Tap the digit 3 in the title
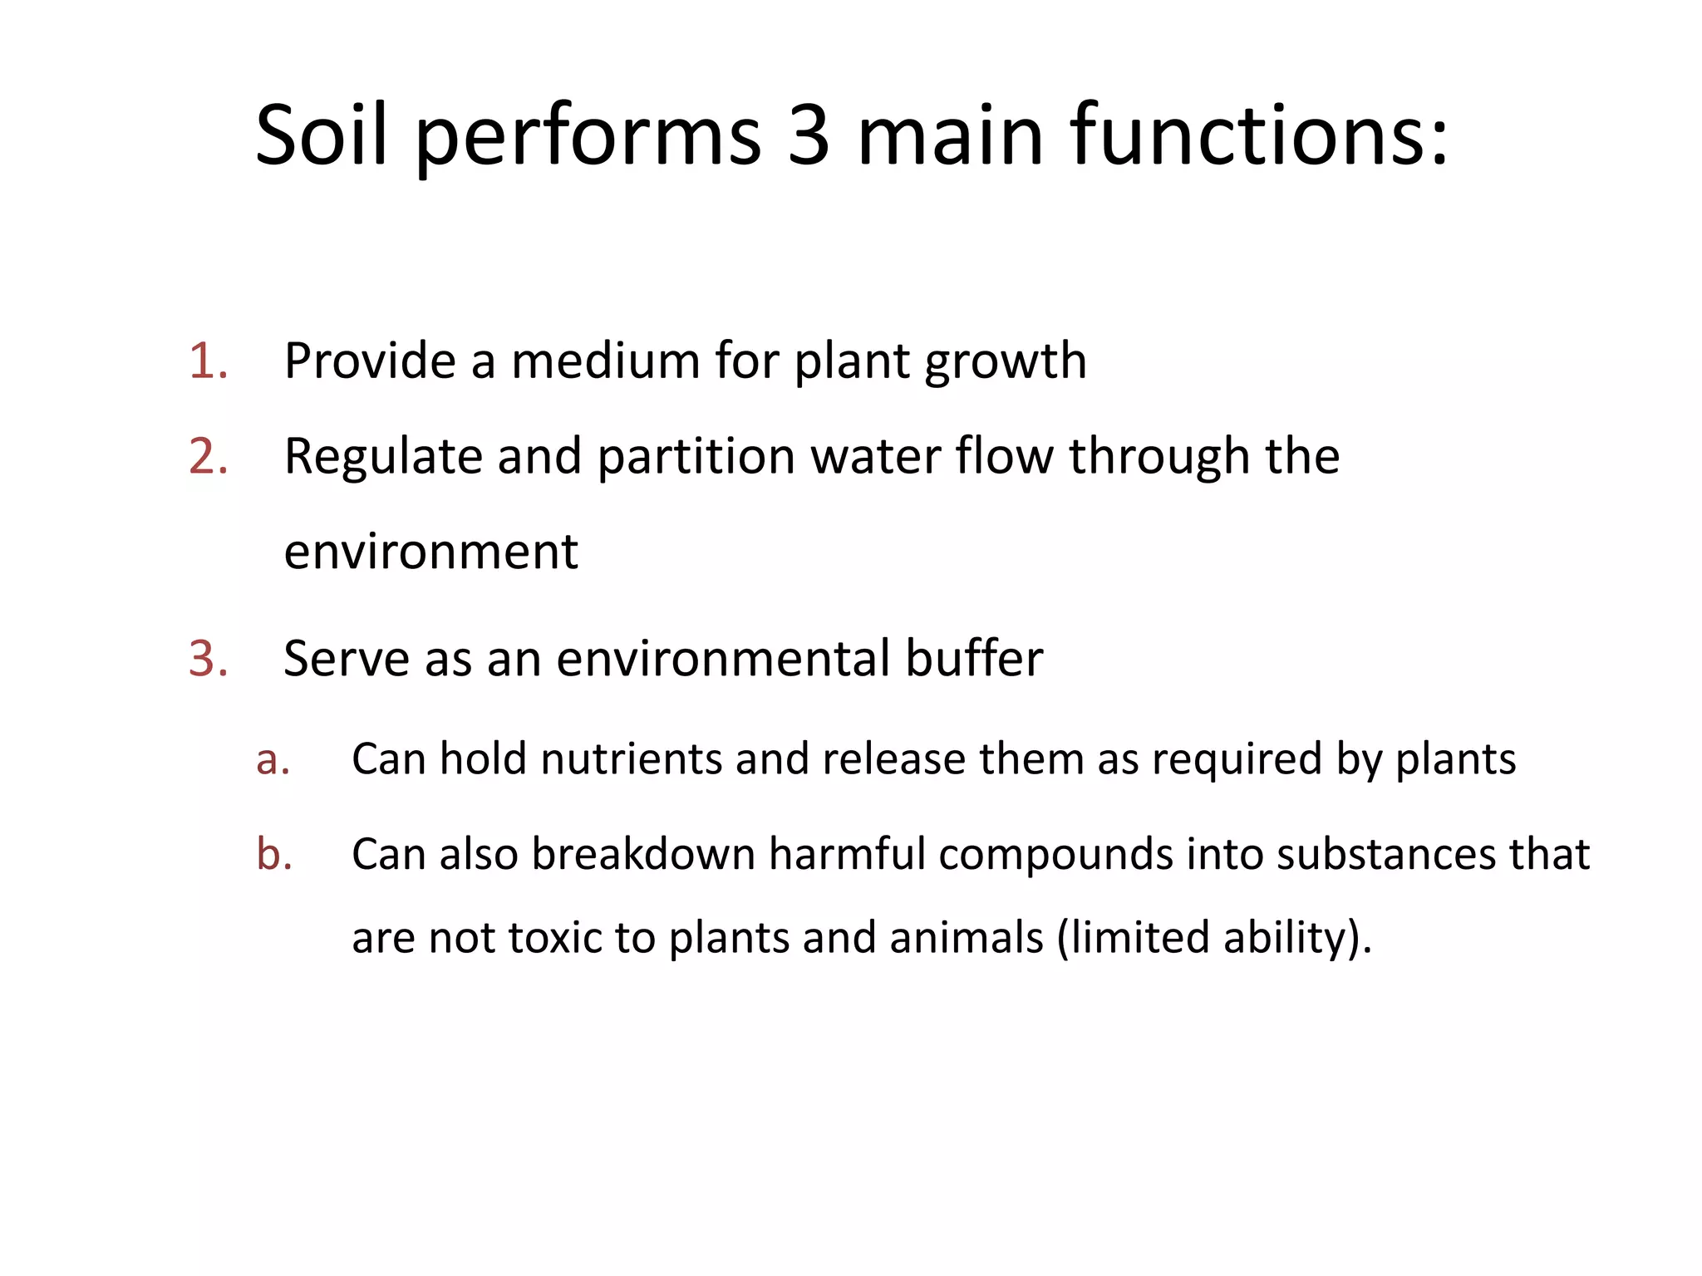(x=808, y=135)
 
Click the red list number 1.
(x=208, y=361)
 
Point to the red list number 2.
(x=208, y=457)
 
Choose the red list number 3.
(x=208, y=659)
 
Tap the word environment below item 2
(x=430, y=552)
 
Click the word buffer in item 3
(x=973, y=659)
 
